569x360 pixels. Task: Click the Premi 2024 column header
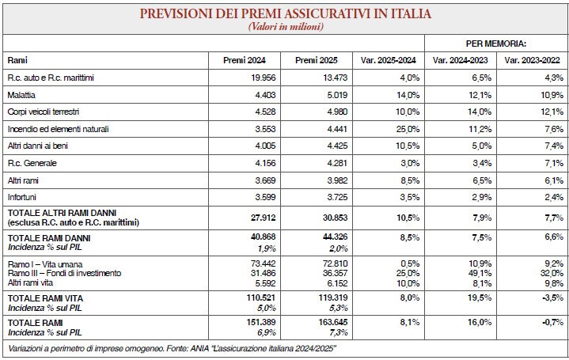[245, 60]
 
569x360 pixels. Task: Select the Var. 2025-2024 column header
[388, 60]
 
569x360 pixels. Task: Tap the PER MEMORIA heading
[495, 44]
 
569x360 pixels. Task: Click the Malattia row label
[21, 95]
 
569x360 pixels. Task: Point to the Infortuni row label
[22, 197]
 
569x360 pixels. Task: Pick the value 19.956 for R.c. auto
[263, 78]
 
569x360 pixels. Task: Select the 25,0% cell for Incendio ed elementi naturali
[408, 129]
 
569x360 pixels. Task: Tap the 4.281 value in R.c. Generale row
[337, 163]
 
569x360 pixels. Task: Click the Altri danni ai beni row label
[38, 146]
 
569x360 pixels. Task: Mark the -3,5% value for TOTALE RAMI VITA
[553, 297]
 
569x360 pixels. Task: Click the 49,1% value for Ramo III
[480, 273]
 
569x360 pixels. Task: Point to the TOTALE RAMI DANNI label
[49, 238]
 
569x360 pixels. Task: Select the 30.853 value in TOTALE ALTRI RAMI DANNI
[335, 218]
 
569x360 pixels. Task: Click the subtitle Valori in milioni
[286, 27]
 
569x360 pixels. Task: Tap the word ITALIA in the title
[411, 13]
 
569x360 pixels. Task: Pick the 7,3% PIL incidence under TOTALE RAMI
[339, 332]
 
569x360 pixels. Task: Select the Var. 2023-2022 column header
[532, 60]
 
